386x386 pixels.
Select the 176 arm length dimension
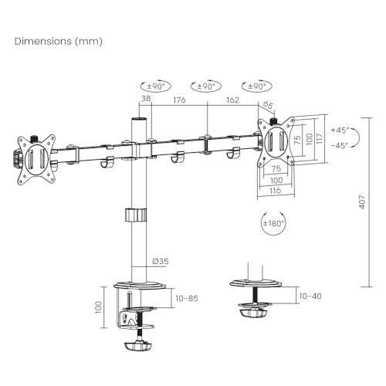(x=179, y=100)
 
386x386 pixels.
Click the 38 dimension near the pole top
(x=145, y=100)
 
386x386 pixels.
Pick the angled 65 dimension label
(x=268, y=105)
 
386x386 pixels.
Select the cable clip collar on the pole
(x=136, y=214)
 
